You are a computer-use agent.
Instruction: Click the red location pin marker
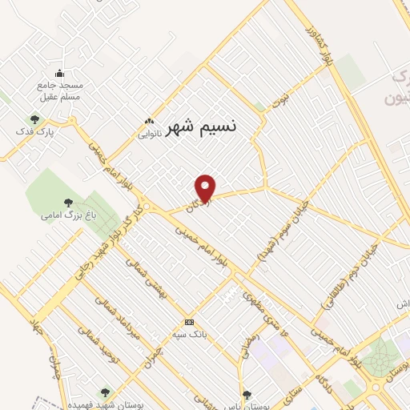206,188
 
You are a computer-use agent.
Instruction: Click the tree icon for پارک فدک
34,119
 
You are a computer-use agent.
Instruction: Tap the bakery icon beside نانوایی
149,121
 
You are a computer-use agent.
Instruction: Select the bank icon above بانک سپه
188,321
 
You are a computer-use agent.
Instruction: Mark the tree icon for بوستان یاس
247,394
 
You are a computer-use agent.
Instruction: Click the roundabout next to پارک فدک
73,122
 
